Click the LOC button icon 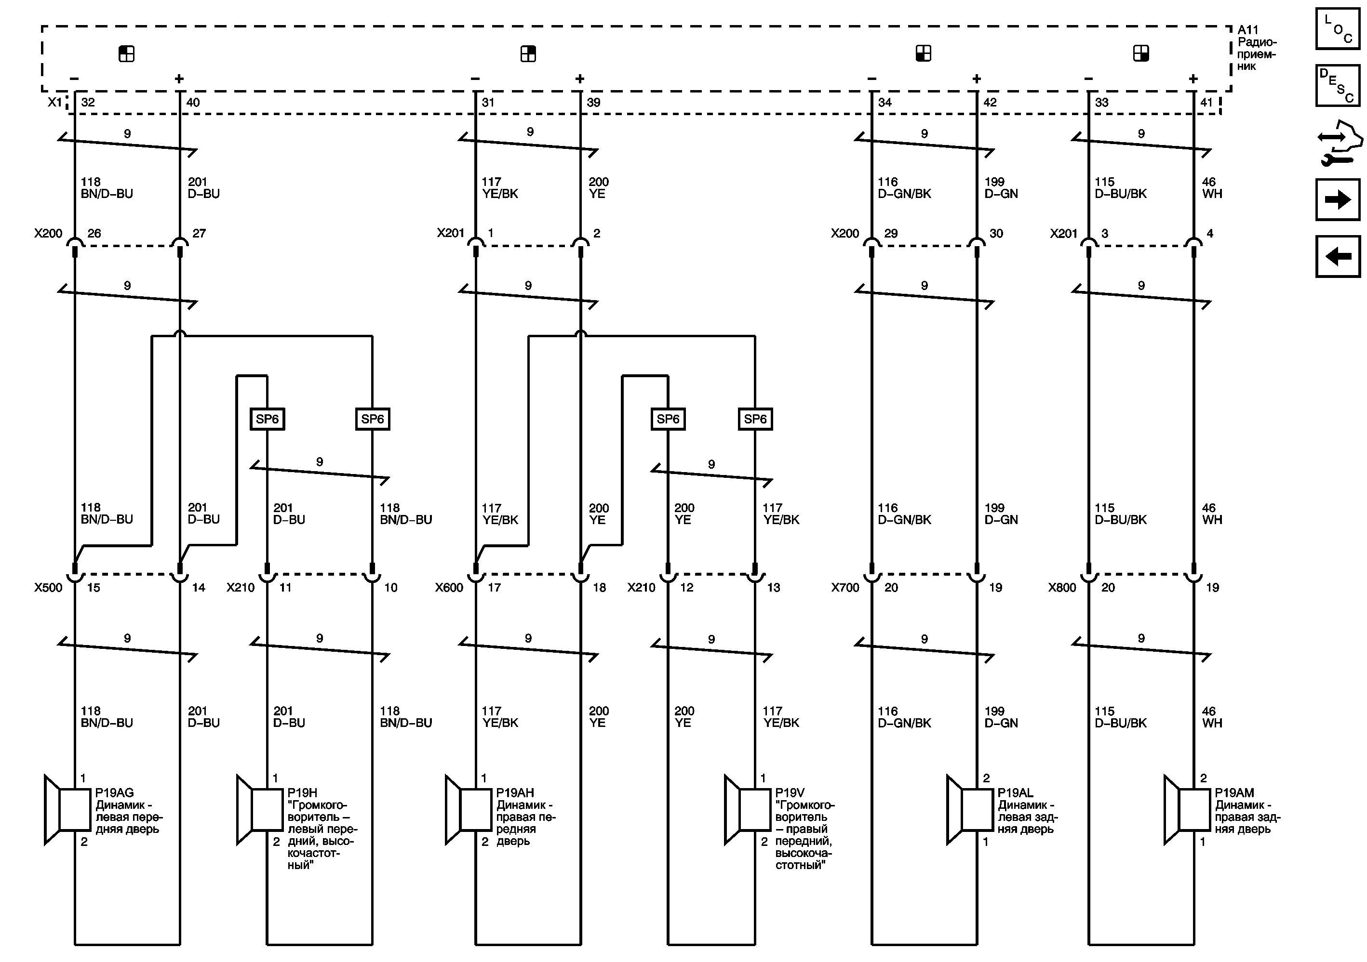[1337, 28]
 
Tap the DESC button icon [1337, 86]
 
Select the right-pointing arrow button [1337, 200]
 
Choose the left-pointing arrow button [1337, 256]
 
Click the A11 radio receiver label [1256, 48]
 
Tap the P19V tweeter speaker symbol [747, 809]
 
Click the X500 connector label [48, 587]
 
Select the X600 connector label [449, 587]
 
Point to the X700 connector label [845, 587]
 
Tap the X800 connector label [1062, 587]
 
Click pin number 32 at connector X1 [88, 102]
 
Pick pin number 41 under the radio [1206, 102]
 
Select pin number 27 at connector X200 [199, 233]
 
